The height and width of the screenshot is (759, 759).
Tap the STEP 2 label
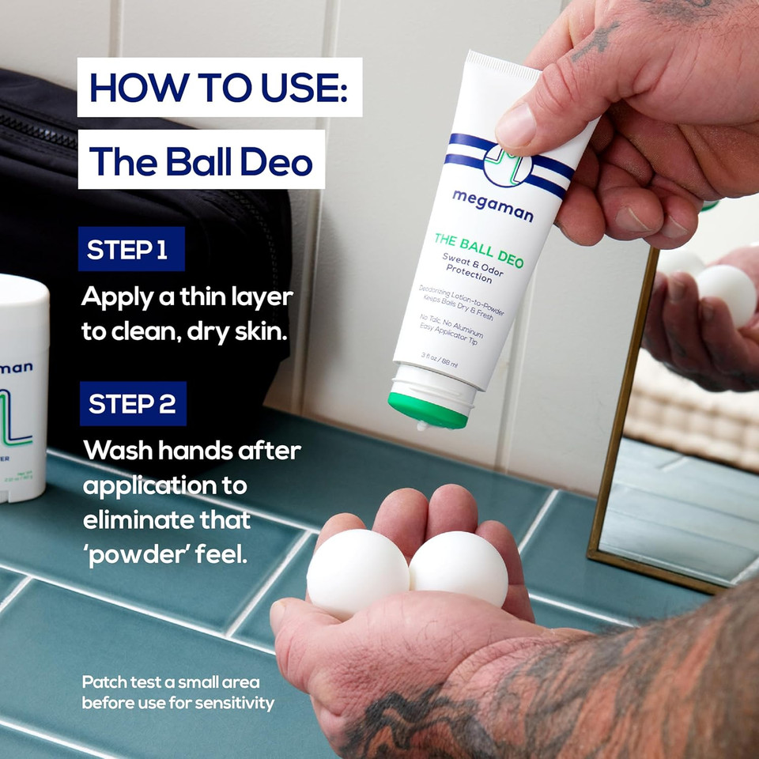point(132,403)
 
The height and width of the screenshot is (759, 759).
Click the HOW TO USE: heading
point(219,87)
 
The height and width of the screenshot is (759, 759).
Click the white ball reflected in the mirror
point(726,294)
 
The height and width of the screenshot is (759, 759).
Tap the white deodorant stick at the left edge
point(22,387)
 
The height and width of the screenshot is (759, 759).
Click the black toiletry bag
point(142,237)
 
